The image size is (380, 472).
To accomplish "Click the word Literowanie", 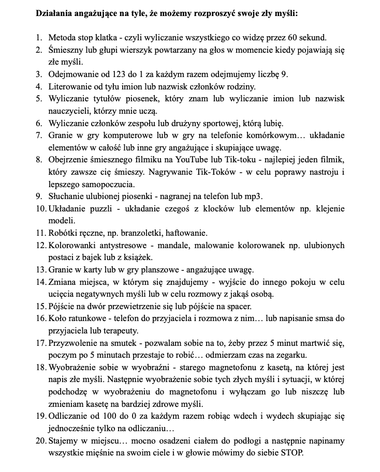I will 70,86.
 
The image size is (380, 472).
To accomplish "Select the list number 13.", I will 41,270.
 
